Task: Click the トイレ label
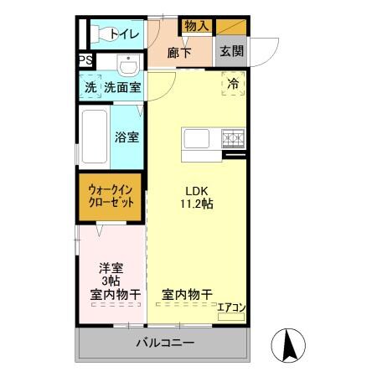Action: click(125, 34)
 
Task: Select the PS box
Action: click(85, 61)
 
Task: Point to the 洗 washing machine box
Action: click(90, 87)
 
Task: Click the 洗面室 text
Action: click(121, 87)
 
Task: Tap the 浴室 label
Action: click(127, 136)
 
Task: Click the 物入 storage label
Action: click(197, 28)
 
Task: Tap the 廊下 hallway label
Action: click(179, 52)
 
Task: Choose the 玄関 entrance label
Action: click(231, 51)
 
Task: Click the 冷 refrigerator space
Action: click(234, 82)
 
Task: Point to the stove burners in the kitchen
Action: click(231, 137)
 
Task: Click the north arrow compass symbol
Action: click(287, 344)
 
